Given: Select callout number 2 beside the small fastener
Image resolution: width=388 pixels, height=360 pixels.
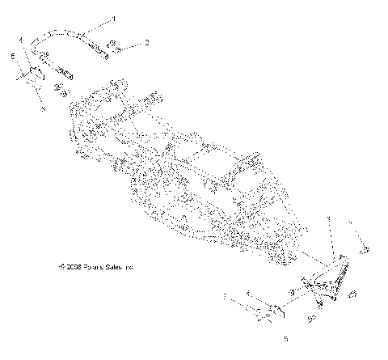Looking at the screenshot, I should (146, 41).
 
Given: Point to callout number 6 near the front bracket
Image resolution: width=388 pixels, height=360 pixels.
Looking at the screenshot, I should (13, 56).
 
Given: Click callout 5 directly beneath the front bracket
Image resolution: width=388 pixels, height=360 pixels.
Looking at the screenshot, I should (43, 107).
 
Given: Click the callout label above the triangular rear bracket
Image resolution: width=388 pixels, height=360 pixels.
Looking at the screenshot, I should (329, 218).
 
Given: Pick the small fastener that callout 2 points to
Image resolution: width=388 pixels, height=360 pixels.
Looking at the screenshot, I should (116, 46).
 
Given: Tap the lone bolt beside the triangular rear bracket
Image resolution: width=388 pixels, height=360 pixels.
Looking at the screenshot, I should (363, 252).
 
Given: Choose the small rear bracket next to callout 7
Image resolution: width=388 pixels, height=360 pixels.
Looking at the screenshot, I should (271, 310).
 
